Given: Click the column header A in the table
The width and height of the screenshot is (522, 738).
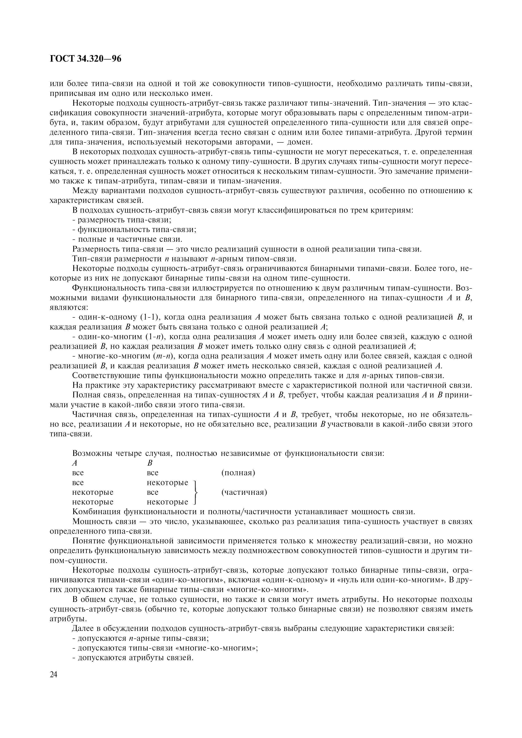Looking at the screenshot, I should point(75,463).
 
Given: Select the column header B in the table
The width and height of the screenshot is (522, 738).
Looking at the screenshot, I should point(149,463).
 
